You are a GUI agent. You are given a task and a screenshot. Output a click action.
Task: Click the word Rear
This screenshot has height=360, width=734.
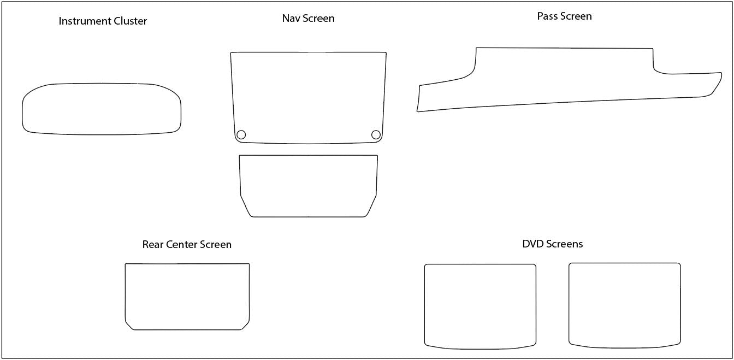(153, 244)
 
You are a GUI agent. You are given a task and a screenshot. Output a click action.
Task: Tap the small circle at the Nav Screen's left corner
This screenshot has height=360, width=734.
(241, 135)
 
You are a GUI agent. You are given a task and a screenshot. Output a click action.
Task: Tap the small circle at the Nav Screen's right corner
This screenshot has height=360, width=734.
(376, 135)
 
